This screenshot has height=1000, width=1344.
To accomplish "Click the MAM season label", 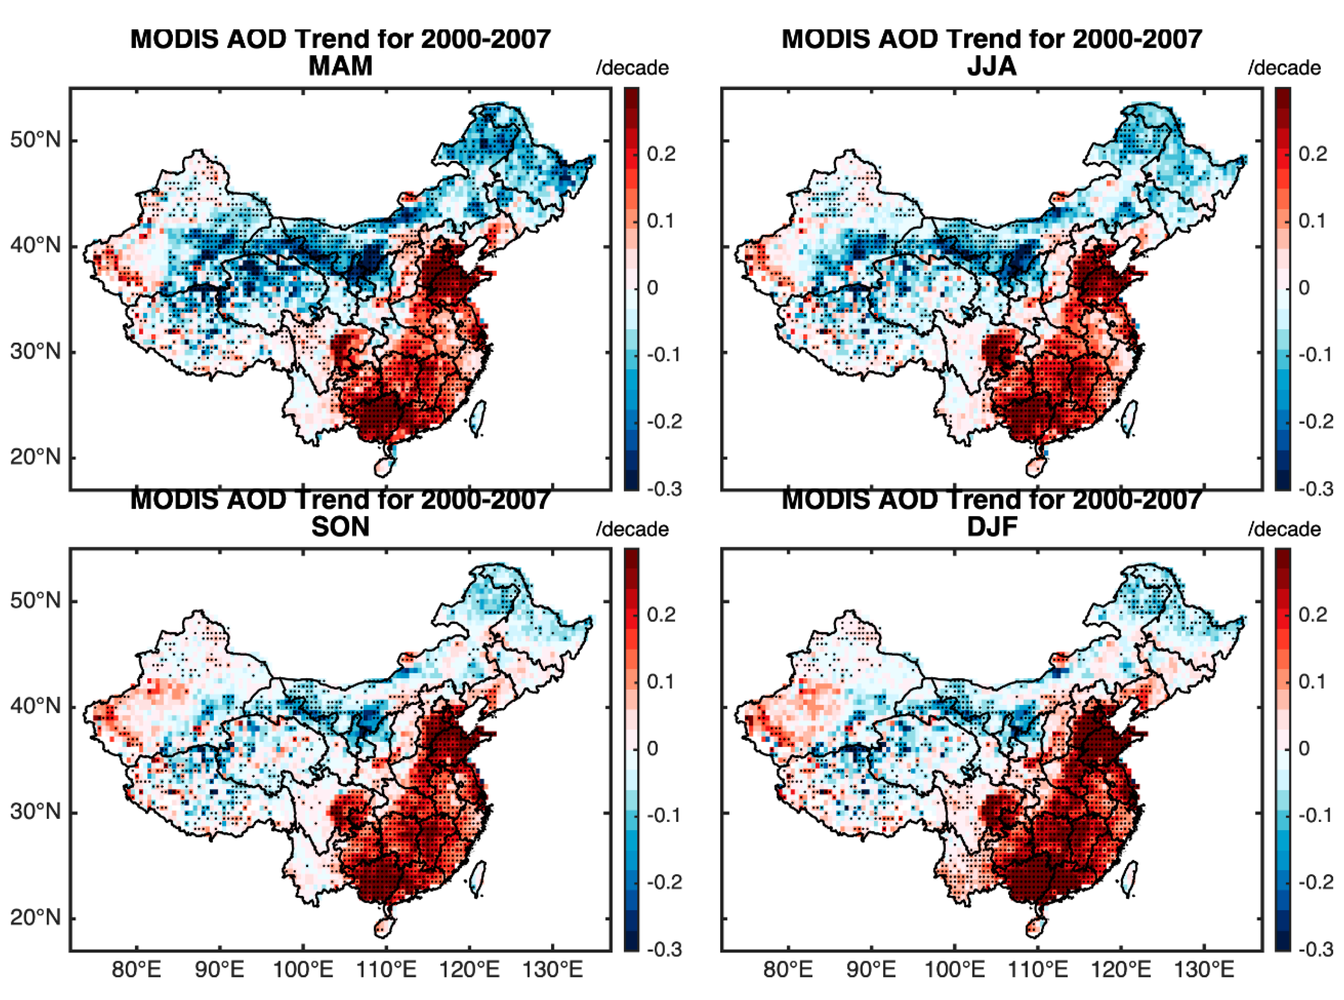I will tap(340, 65).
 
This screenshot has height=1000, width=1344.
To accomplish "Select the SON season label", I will tap(340, 526).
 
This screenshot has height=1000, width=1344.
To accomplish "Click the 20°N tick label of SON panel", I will tap(35, 918).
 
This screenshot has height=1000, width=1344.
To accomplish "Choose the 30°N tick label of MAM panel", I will tap(35, 351).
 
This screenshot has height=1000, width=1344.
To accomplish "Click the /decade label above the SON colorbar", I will tap(632, 529).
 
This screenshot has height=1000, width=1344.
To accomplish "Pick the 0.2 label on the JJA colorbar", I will tap(1313, 154).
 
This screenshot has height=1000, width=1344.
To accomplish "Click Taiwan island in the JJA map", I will tap(1129, 418).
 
